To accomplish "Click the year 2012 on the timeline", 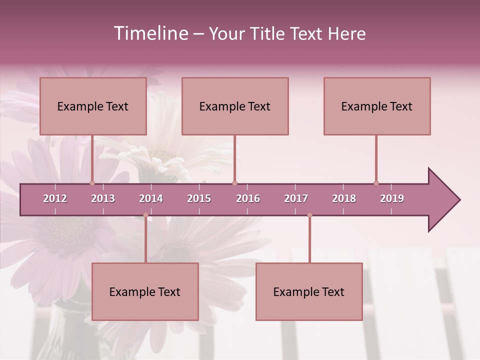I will coord(55,198).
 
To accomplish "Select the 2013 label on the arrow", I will coord(103,198).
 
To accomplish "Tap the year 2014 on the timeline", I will coord(151,198).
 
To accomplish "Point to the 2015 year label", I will coord(199,198).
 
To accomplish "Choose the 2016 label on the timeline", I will coord(248,198).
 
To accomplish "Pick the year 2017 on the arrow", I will coord(296,198).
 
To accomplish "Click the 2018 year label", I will coord(344,198).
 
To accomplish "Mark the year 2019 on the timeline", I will coord(392,198).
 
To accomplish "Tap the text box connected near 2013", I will coord(93,106).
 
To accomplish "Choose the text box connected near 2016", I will coord(235,106).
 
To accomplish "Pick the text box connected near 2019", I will coord(377,106).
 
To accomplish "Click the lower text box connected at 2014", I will coord(145,291).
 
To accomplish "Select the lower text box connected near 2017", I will coord(309,291).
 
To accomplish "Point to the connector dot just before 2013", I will coord(92,183).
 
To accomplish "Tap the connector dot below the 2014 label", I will coord(145,215).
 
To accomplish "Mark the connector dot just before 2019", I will coord(376,183).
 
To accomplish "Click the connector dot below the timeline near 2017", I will coord(309,215).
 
